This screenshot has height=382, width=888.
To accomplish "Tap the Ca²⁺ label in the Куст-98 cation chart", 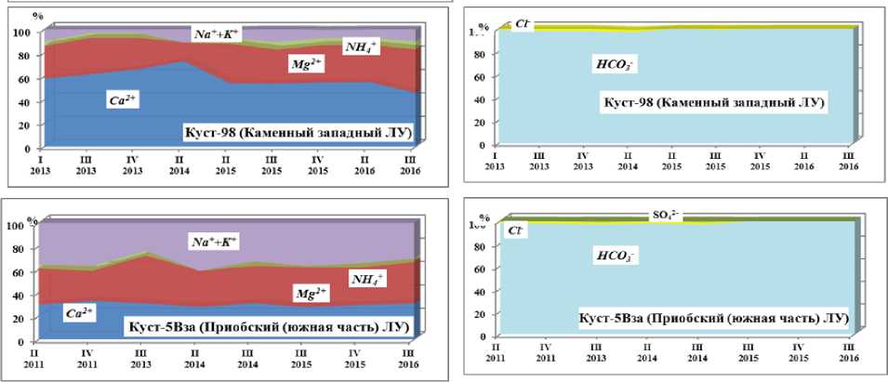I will (x=123, y=99).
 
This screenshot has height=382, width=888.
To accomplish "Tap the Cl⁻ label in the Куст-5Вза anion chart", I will (x=515, y=230).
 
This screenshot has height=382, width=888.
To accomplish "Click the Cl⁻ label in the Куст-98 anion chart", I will (x=521, y=24).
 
